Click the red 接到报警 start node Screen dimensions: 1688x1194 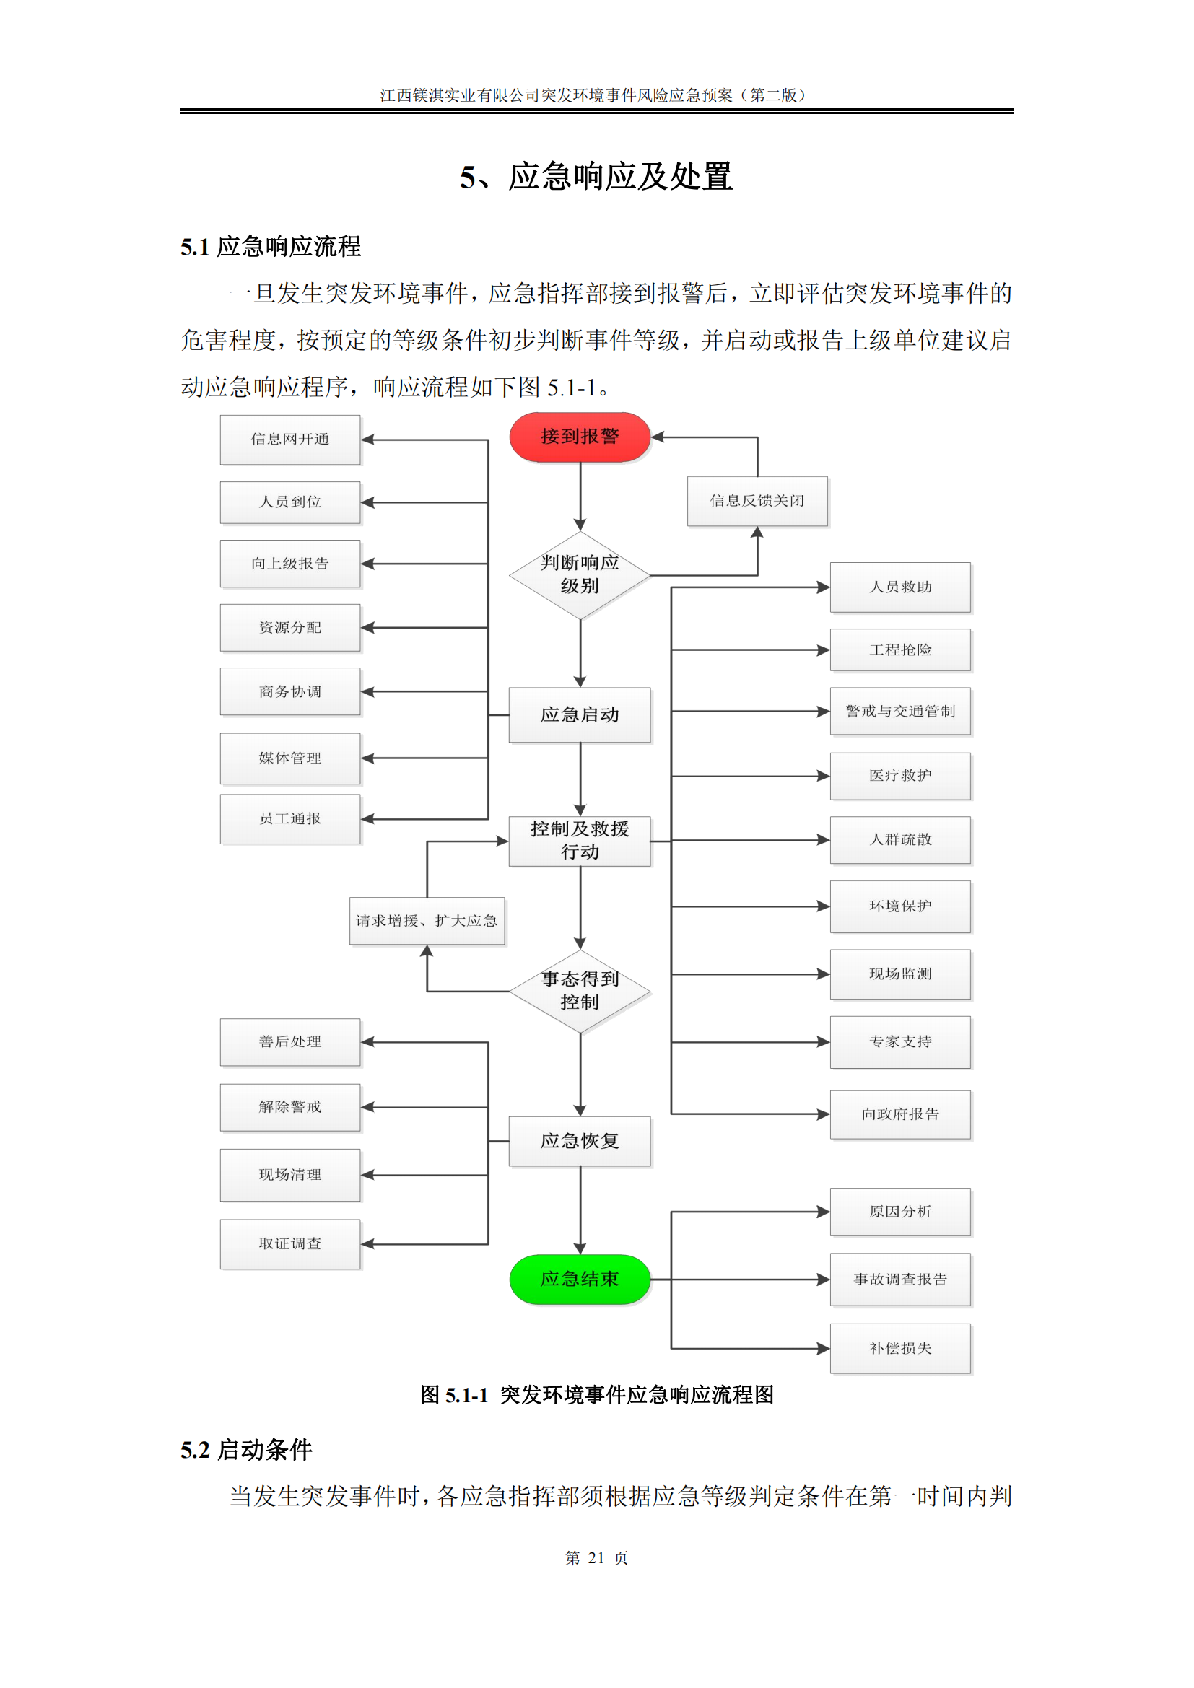click(580, 437)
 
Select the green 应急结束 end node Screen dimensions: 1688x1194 click(580, 1280)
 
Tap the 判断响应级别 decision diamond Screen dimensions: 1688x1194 click(580, 575)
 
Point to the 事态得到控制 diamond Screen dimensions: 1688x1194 click(580, 990)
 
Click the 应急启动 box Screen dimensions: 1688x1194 click(580, 714)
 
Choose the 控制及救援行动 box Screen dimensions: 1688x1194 click(580, 840)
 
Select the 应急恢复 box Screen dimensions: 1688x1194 click(580, 1141)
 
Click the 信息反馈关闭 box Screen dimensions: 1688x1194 click(757, 501)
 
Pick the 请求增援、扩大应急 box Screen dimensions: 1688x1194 click(427, 920)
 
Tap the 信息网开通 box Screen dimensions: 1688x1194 click(289, 440)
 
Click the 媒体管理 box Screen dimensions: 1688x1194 click(289, 758)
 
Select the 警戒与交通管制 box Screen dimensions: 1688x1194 click(900, 711)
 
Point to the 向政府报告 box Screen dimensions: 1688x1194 click(900, 1114)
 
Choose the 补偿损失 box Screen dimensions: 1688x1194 click(900, 1348)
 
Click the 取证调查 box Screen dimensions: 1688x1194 click(289, 1244)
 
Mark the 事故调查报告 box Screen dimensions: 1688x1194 click(900, 1280)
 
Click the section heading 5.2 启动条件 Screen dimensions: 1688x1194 click(246, 1450)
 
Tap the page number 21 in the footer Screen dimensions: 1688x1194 click(596, 1558)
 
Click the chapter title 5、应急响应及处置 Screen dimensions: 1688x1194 click(596, 176)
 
